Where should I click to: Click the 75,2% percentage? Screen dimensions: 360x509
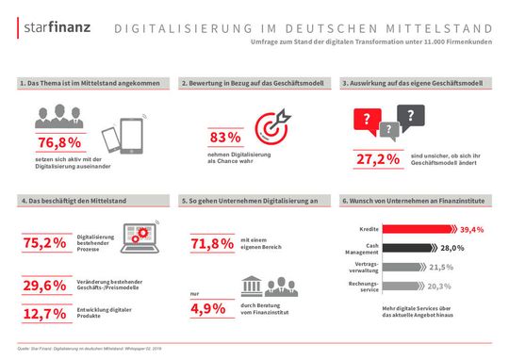click(46, 243)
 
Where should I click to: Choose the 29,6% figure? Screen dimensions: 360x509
click(46, 286)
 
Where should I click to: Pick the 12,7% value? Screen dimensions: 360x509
click(46, 314)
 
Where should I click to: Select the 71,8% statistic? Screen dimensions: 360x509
click(213, 244)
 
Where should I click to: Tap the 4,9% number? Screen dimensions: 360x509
click(213, 308)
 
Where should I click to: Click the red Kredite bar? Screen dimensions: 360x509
click(416, 229)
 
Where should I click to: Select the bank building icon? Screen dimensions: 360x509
click(252, 289)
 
